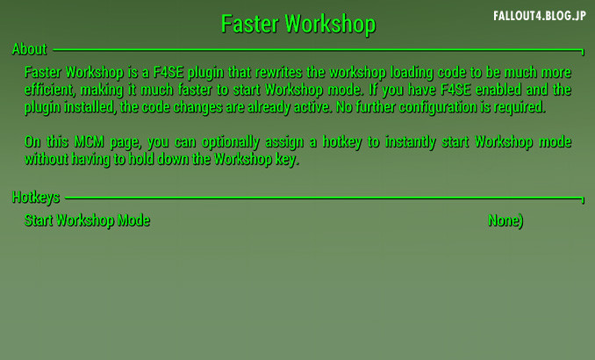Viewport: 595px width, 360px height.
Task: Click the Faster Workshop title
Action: pos(298,24)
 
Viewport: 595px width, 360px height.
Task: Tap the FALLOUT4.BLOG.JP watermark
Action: pos(540,16)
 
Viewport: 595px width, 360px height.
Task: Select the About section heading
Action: pos(29,49)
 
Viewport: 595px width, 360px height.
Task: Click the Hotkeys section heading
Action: pos(36,197)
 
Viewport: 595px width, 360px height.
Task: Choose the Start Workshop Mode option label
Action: pos(87,220)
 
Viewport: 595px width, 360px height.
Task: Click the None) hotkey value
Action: pos(505,220)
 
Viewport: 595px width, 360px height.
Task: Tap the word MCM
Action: pos(89,141)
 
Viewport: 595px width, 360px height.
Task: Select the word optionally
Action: pos(230,142)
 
